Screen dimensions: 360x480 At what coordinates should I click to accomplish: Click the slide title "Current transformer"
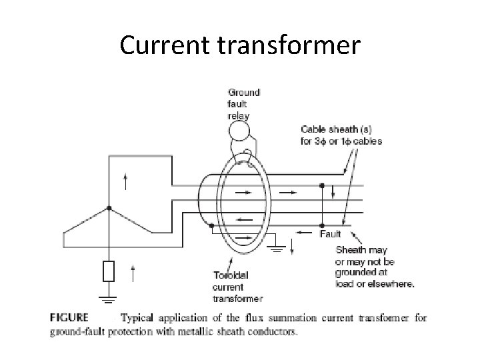click(240, 45)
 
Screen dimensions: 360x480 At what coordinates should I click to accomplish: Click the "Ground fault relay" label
click(244, 103)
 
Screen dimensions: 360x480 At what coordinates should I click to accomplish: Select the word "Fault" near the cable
click(331, 234)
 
